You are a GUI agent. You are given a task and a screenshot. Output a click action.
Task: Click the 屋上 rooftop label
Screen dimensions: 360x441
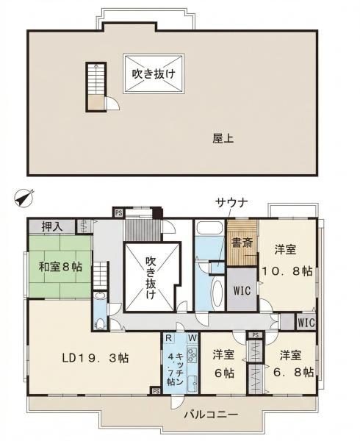coord(223,139)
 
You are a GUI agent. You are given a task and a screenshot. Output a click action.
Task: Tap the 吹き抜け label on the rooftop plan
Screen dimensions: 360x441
coord(154,73)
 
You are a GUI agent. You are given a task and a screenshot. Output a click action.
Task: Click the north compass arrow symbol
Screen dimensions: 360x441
coord(24,198)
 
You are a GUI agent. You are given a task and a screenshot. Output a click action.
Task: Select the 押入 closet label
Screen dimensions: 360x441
coord(52,226)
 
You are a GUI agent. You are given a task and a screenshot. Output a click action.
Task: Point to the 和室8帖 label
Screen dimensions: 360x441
coord(60,267)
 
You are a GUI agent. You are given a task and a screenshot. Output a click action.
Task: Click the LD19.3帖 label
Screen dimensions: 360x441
coord(96,358)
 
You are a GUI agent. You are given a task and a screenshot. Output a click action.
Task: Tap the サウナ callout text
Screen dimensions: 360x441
coord(231,203)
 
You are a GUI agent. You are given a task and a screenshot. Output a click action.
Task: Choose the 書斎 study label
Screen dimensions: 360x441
coord(242,243)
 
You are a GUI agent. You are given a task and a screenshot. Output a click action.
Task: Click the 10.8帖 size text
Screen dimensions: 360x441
coord(287,271)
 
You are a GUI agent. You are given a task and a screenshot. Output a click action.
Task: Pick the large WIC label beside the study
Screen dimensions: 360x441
coord(242,290)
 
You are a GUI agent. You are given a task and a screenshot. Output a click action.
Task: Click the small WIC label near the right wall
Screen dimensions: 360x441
coord(306,323)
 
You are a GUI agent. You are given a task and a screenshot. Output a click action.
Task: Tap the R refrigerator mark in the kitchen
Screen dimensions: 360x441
coord(169,338)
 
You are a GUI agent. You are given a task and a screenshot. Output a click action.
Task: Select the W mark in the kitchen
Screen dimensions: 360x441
coord(192,338)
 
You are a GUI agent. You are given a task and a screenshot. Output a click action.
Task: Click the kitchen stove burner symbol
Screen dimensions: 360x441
coord(192,355)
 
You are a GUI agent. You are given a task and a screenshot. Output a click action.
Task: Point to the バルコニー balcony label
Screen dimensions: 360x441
coord(211,415)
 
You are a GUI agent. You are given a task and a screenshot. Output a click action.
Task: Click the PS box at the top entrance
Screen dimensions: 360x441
coord(118,212)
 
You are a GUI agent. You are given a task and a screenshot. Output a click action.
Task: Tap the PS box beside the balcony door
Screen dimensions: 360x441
coord(156,391)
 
